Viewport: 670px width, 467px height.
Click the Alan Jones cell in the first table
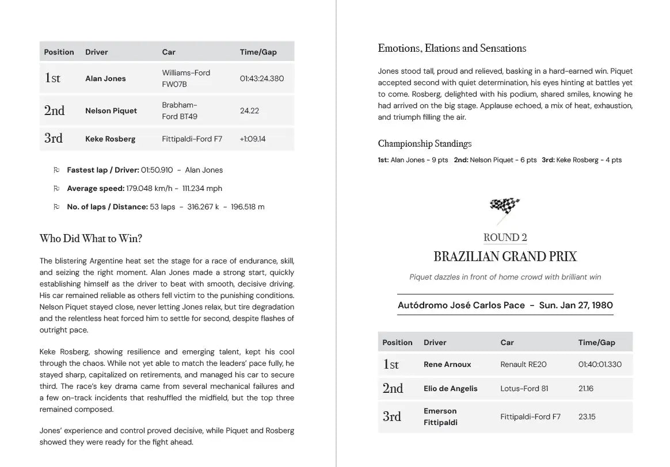pyautogui.click(x=105, y=79)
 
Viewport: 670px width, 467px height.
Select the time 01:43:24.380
pyautogui.click(x=262, y=79)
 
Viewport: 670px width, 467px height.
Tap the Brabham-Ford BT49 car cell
pyautogui.click(x=180, y=111)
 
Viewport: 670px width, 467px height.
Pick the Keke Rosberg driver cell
pyautogui.click(x=111, y=139)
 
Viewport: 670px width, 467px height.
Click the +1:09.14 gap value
pyautogui.click(x=253, y=139)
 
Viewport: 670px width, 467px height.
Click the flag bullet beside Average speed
pyautogui.click(x=56, y=189)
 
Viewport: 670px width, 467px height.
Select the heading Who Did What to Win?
pyautogui.click(x=90, y=239)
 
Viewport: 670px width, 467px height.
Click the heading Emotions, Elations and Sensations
pyautogui.click(x=452, y=48)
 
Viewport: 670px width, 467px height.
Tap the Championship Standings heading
pyautogui.click(x=425, y=144)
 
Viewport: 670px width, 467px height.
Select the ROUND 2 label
pyautogui.click(x=505, y=238)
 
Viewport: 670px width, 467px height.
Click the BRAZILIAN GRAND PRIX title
pyautogui.click(x=505, y=257)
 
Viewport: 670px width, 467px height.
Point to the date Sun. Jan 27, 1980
pyautogui.click(x=576, y=305)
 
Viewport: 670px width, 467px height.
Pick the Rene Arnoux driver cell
pyautogui.click(x=447, y=365)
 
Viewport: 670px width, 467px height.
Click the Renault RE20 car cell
pyautogui.click(x=524, y=365)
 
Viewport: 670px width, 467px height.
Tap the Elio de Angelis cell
pyautogui.click(x=451, y=389)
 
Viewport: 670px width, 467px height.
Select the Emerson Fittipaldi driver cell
pyautogui.click(x=440, y=417)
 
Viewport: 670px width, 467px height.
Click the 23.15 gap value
pyautogui.click(x=586, y=417)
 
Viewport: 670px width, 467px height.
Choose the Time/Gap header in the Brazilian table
pyautogui.click(x=597, y=343)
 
